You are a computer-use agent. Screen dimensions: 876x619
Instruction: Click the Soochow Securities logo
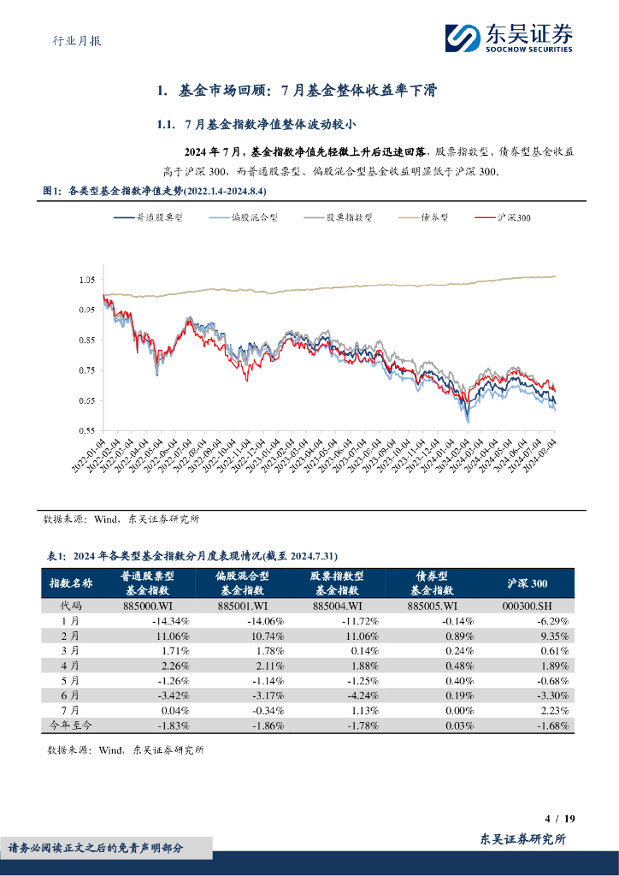coord(508,38)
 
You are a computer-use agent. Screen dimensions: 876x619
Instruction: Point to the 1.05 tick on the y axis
coord(85,280)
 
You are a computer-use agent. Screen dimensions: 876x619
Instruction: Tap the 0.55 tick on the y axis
coord(85,430)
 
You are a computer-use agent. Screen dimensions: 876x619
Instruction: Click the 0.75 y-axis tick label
coord(85,370)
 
